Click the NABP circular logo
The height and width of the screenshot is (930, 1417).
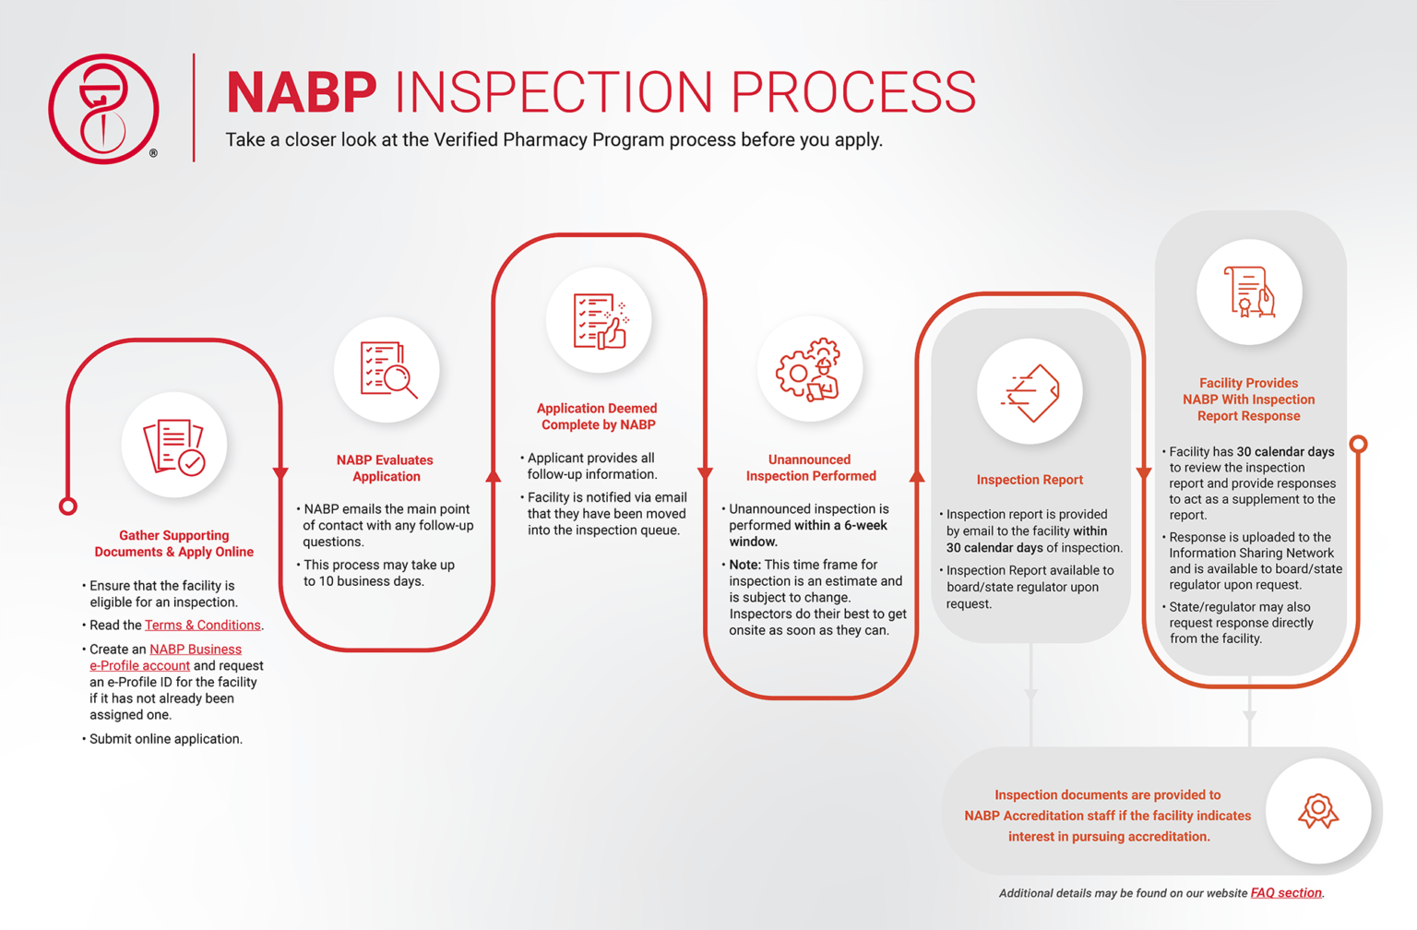pyautogui.click(x=103, y=109)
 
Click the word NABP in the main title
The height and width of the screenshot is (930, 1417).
pyautogui.click(x=302, y=92)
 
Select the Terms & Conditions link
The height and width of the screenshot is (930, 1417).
pyautogui.click(x=202, y=626)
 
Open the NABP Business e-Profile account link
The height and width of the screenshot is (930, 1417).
pyautogui.click(x=195, y=650)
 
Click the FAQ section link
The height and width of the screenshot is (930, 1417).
pyautogui.click(x=1285, y=893)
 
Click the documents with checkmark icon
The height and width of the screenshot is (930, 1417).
pyautogui.click(x=174, y=447)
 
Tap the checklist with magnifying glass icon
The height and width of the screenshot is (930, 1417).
pyautogui.click(x=387, y=370)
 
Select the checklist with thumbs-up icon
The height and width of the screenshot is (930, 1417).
pyautogui.click(x=599, y=321)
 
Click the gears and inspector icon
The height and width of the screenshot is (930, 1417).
pyautogui.click(x=810, y=369)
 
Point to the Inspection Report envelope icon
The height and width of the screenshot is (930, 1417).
pyautogui.click(x=1030, y=393)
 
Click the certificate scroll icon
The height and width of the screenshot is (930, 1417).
pyautogui.click(x=1249, y=292)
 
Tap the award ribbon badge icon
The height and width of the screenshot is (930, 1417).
pyautogui.click(x=1317, y=812)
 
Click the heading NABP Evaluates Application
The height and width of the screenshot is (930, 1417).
pyautogui.click(x=385, y=469)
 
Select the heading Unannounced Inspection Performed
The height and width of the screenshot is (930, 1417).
pyautogui.click(x=810, y=468)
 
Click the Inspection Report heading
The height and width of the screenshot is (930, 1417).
pyautogui.click(x=1030, y=480)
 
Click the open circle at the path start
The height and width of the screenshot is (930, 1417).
pyautogui.click(x=68, y=507)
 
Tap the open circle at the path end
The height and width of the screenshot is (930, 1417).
pyautogui.click(x=1358, y=445)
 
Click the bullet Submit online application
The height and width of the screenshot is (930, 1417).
pyautogui.click(x=165, y=739)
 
